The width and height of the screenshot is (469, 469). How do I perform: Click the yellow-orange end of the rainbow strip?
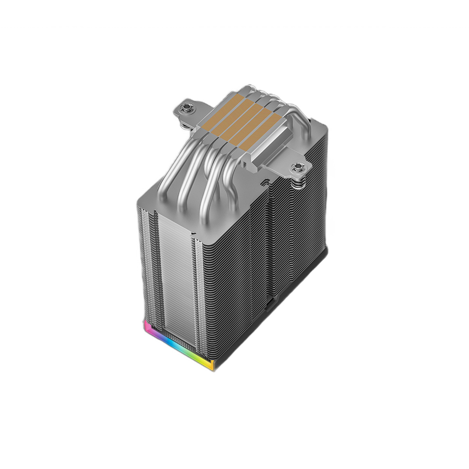click(x=212, y=364)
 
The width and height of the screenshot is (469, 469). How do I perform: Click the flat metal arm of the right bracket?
click(x=281, y=162)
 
